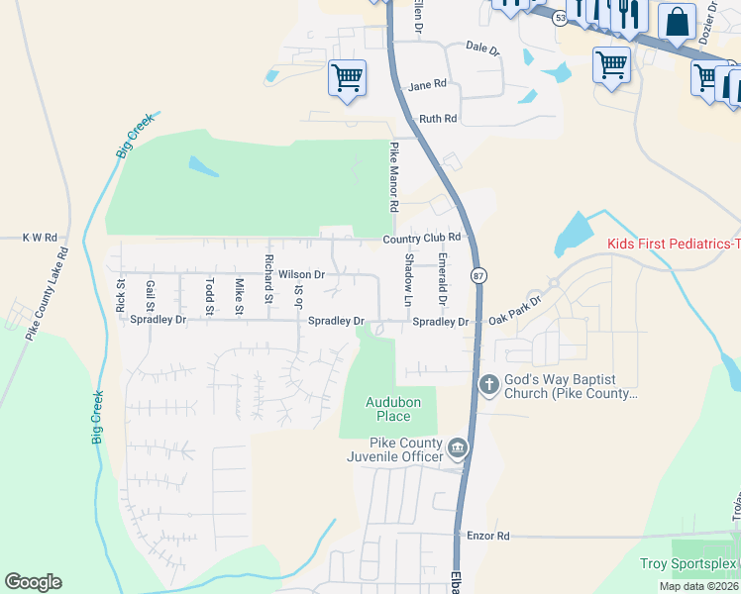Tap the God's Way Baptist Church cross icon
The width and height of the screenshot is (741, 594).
tap(488, 384)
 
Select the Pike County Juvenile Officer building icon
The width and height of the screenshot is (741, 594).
tap(457, 449)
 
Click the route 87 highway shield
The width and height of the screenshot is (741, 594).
tap(479, 276)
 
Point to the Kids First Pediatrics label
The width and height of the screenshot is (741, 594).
tap(674, 244)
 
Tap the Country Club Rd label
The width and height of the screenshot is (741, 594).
tap(423, 238)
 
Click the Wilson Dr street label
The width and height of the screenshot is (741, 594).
tap(301, 274)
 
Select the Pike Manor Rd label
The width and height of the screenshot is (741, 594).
tap(393, 178)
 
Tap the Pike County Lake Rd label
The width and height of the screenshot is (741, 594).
tap(47, 294)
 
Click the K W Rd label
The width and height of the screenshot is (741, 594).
tap(40, 238)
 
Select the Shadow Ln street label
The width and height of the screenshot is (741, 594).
tap(407, 279)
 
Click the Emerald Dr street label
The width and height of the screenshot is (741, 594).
tap(442, 279)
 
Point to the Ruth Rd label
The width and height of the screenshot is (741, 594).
tap(437, 119)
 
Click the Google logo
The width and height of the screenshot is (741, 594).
tap(33, 582)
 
